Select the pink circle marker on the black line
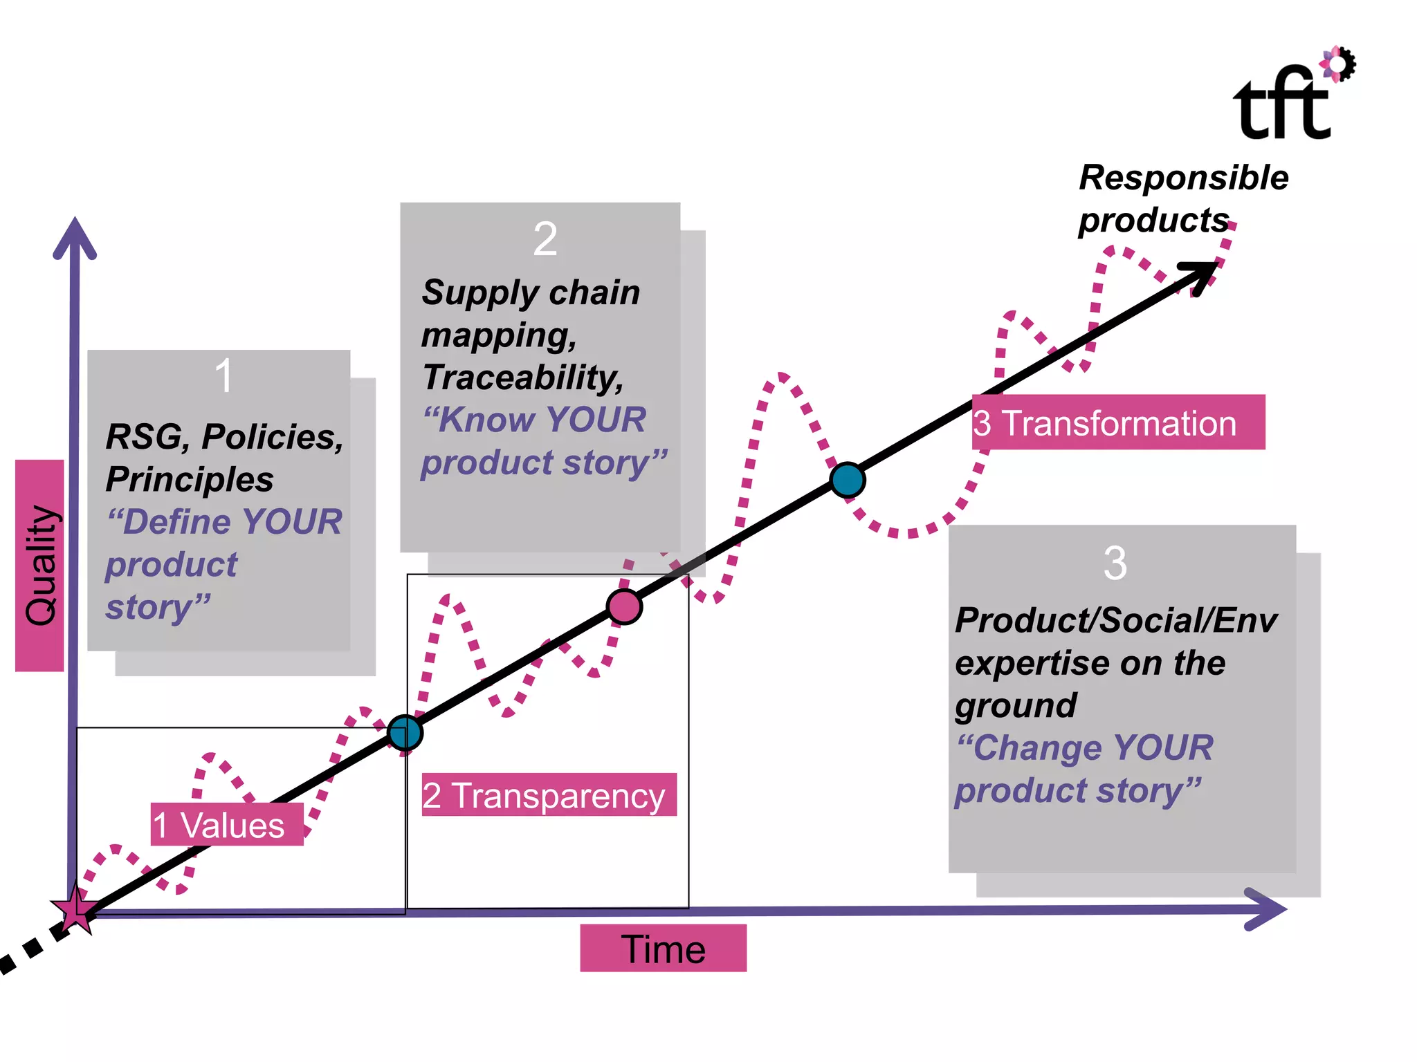pyautogui.click(x=624, y=607)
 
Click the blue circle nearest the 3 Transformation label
pyautogui.click(x=848, y=480)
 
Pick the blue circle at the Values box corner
pyautogui.click(x=405, y=733)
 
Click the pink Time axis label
pyautogui.click(x=663, y=949)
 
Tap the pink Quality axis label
pyautogui.click(x=40, y=566)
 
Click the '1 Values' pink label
pyautogui.click(x=227, y=825)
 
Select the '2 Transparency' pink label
pyautogui.click(x=549, y=795)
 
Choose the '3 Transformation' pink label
pyautogui.click(x=1117, y=422)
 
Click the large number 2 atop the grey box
pyautogui.click(x=545, y=239)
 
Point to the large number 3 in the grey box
pyautogui.click(x=1115, y=563)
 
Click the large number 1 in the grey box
pyautogui.click(x=223, y=376)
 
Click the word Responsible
pyautogui.click(x=1184, y=178)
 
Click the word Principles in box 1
pyautogui.click(x=190, y=479)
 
